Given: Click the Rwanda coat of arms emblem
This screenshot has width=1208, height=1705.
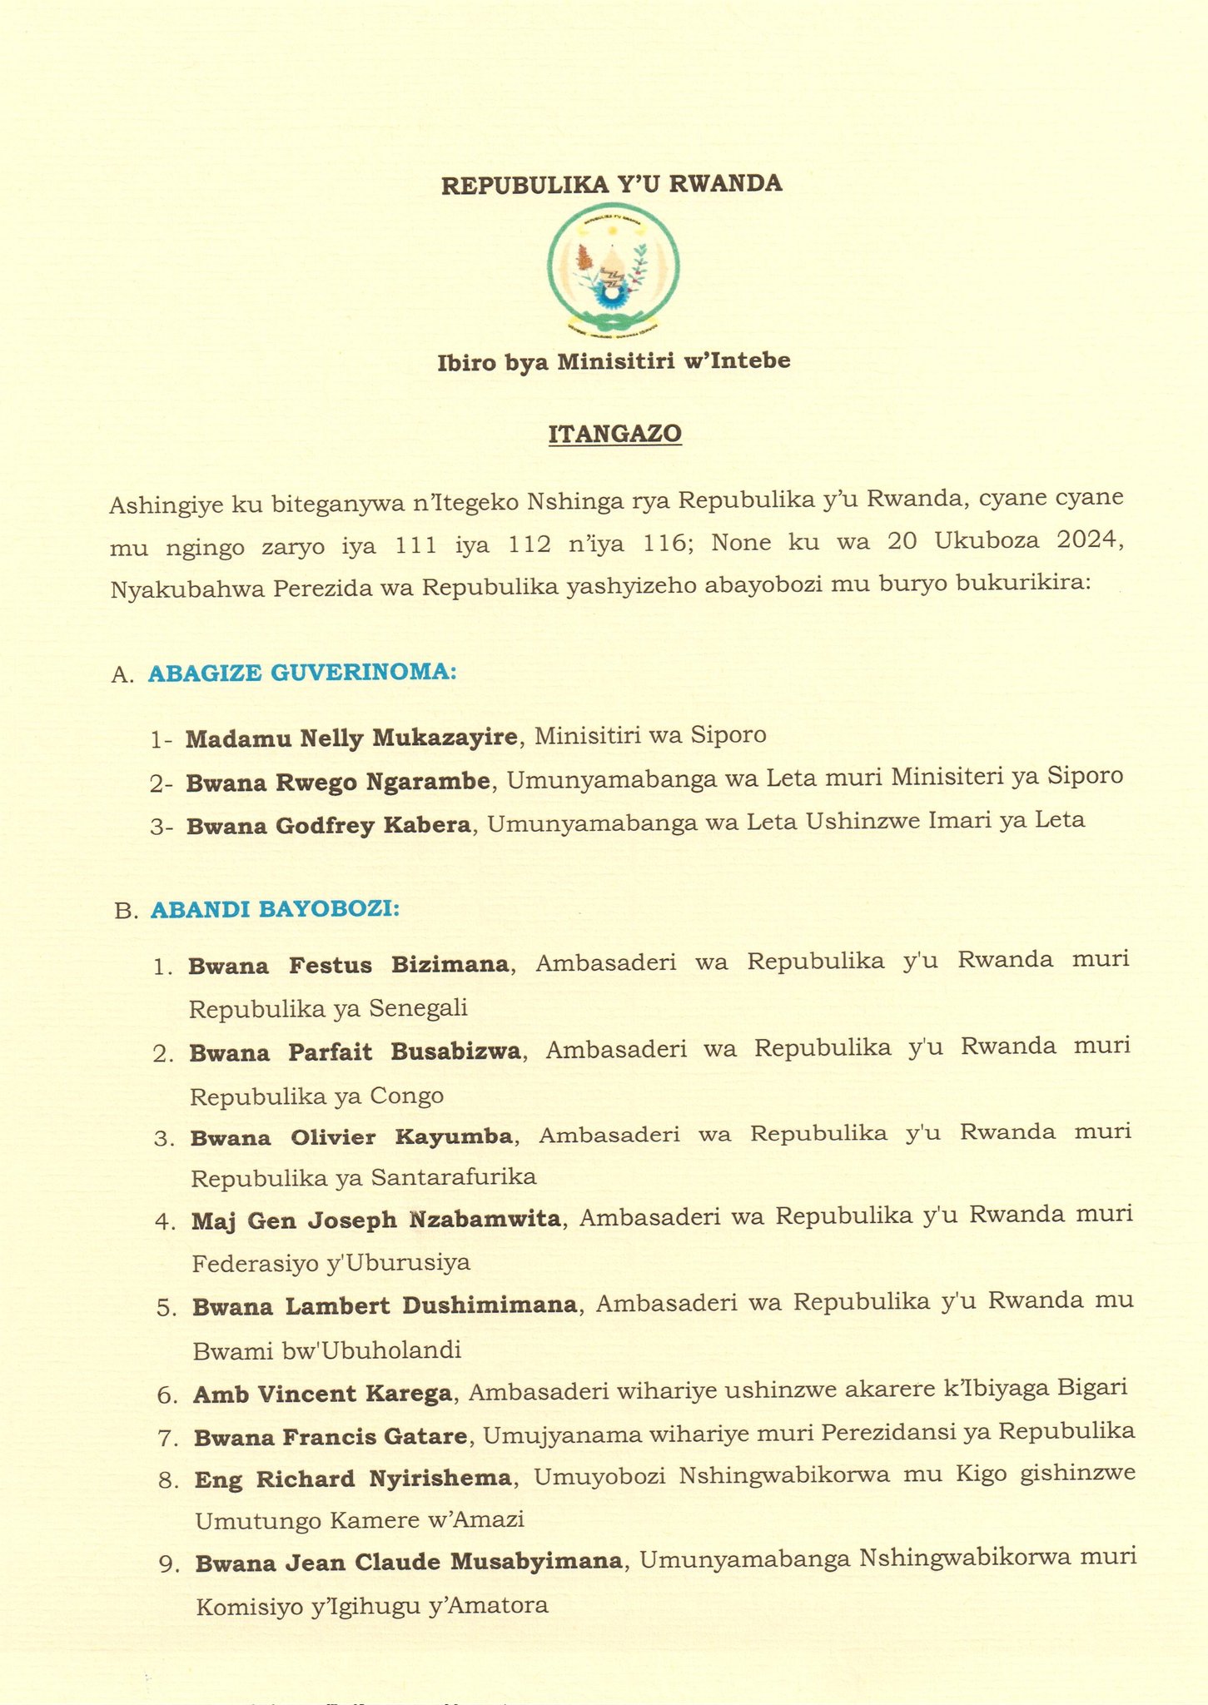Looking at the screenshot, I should (x=613, y=272).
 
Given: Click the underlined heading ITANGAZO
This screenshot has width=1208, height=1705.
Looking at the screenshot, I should (x=615, y=434).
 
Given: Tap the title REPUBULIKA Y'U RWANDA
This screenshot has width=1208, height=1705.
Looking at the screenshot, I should (x=612, y=184).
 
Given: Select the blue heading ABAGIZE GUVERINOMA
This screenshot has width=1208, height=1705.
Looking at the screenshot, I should (x=302, y=673).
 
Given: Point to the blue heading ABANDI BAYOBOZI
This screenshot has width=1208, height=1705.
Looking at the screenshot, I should (x=275, y=909).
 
